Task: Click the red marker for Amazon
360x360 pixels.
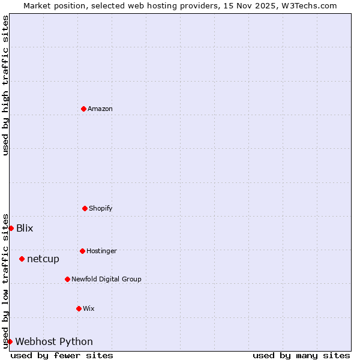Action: pyautogui.click(x=83, y=109)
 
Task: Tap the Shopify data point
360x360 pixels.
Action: pyautogui.click(x=85, y=208)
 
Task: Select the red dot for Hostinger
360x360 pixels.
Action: pyautogui.click(x=82, y=251)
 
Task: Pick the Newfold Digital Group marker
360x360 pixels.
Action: pyautogui.click(x=67, y=279)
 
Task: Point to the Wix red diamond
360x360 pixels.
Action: pyautogui.click(x=79, y=308)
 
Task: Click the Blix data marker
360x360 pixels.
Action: pyautogui.click(x=11, y=228)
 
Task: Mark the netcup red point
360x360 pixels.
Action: pyautogui.click(x=22, y=259)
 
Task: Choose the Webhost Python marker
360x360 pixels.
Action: pyautogui.click(x=10, y=341)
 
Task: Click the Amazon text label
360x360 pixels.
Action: pyautogui.click(x=100, y=109)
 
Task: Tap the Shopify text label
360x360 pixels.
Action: pyautogui.click(x=101, y=208)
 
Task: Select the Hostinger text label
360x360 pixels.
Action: pyautogui.click(x=101, y=251)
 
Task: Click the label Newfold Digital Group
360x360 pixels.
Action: pyautogui.click(x=106, y=279)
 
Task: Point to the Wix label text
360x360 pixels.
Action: pyautogui.click(x=89, y=308)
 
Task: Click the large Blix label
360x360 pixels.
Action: pyautogui.click(x=25, y=228)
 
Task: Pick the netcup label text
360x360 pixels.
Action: pyautogui.click(x=43, y=259)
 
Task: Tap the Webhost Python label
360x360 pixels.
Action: pyautogui.click(x=54, y=341)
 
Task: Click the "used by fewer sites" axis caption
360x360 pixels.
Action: pyautogui.click(x=62, y=355)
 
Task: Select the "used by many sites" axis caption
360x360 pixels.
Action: pyautogui.click(x=301, y=355)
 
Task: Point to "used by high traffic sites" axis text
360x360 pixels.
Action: pyautogui.click(x=5, y=85)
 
